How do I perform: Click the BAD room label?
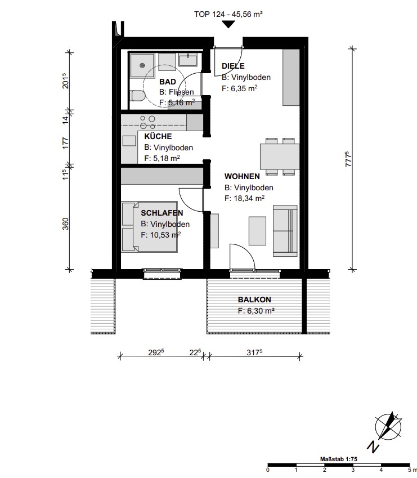168,82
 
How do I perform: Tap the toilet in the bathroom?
138,96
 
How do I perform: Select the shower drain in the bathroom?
142,65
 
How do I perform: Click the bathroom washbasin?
188,60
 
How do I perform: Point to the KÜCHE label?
158,136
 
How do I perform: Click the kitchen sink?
129,141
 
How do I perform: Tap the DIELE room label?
233,66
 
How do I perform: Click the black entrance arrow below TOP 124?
228,24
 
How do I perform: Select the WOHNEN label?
242,176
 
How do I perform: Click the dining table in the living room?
280,157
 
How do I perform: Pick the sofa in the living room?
285,231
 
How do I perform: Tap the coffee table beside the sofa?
257,231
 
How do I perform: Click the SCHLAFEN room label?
162,213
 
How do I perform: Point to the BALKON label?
254,300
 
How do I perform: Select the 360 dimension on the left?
66,224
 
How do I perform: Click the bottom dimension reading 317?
254,352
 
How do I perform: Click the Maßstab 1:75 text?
338,459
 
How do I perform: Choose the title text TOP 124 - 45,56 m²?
228,14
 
